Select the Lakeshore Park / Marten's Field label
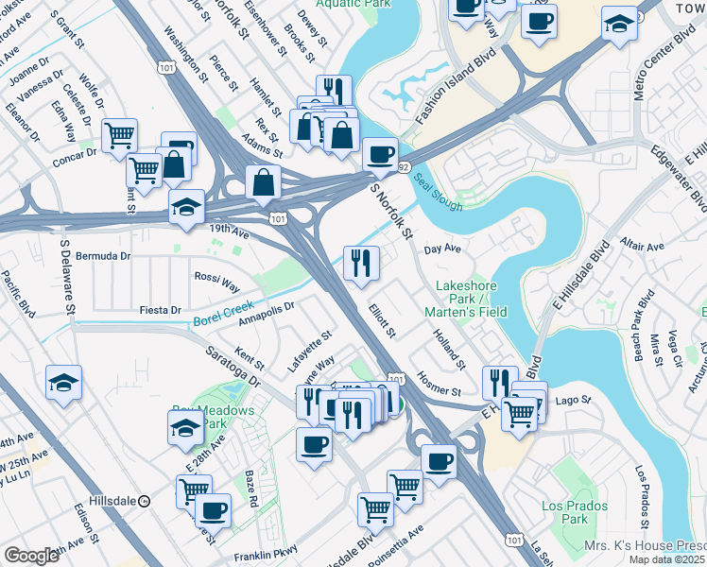[471, 299]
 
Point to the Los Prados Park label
[565, 512]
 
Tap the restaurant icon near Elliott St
[360, 263]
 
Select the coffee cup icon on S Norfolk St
[380, 155]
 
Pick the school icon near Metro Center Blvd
[619, 25]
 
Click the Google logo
[30, 556]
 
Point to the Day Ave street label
[441, 249]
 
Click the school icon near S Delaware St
[64, 383]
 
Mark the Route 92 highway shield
[403, 167]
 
